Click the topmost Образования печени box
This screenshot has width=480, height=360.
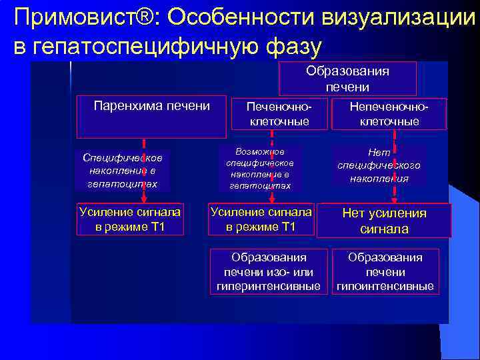pos(347,79)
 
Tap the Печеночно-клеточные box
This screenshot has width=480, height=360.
pos(279,114)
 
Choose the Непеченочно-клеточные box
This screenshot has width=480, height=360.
pos(389,114)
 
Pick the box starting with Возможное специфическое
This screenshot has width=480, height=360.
pos(260,168)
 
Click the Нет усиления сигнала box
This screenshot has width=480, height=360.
pos(384,221)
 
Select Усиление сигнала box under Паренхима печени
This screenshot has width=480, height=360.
pos(129,219)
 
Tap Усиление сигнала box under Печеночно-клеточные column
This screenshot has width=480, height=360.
pos(261,219)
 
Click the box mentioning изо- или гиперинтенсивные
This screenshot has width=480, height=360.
pos(269,272)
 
